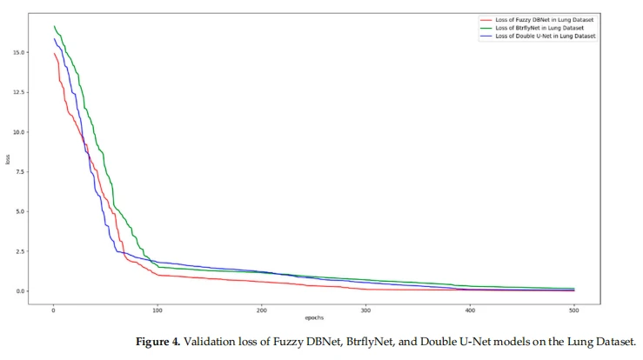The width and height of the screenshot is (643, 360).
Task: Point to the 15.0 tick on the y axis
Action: coord(19,52)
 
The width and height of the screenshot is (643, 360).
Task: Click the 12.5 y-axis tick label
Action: coord(19,92)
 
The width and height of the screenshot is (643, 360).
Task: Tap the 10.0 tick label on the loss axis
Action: coord(19,132)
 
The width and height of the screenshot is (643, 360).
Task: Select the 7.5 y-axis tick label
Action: coord(21,172)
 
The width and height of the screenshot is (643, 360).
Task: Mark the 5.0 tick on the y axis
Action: coord(21,211)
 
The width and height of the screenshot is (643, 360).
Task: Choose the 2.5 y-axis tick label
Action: coord(21,251)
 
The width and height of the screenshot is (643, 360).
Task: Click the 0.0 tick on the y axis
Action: coord(21,291)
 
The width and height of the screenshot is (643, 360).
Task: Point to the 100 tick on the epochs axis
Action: coord(157,310)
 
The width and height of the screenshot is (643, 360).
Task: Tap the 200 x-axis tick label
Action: coord(262,310)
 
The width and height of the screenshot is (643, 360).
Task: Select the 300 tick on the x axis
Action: coord(365,310)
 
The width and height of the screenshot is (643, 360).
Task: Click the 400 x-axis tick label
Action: coord(470,310)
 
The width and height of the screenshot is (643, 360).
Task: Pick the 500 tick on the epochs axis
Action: coord(574,310)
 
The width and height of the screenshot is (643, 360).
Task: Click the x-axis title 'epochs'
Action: coord(314,317)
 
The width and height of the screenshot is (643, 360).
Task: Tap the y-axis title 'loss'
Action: coord(7,159)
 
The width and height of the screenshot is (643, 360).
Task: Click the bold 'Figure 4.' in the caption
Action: coord(157,342)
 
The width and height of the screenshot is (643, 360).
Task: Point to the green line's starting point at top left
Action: coord(54,26)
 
